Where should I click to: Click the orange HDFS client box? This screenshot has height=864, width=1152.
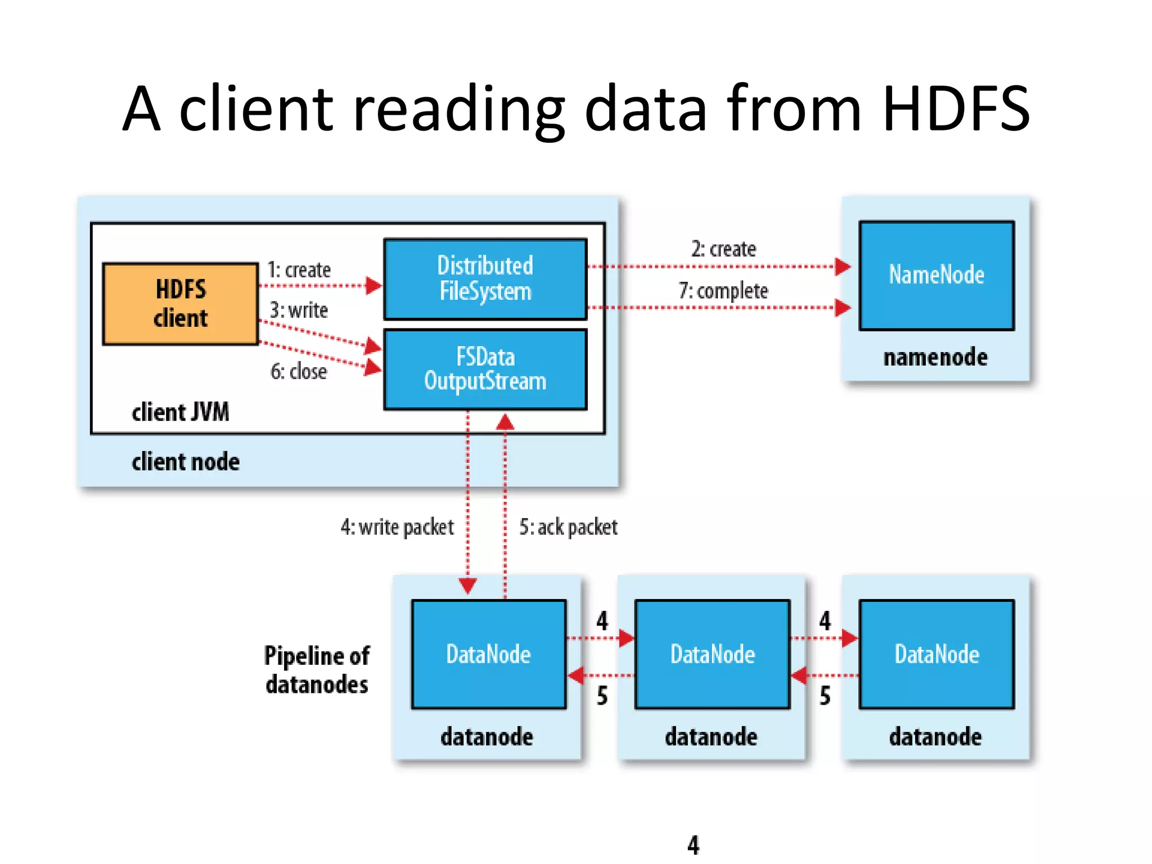[181, 304]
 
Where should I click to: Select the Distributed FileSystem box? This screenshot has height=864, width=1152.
[485, 279]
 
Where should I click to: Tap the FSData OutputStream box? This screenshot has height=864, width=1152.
[485, 370]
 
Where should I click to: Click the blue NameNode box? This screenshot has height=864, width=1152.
[936, 275]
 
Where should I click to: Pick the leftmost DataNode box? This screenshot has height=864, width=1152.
[488, 654]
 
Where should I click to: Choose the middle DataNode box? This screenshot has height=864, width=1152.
[712, 654]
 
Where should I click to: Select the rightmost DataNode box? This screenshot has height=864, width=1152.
[937, 654]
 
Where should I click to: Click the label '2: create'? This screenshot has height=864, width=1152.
[723, 249]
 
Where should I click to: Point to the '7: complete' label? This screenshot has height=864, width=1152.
[723, 291]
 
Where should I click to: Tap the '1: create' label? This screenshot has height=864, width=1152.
[299, 270]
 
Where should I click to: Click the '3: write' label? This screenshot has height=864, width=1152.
[299, 310]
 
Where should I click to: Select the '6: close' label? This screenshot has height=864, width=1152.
[299, 371]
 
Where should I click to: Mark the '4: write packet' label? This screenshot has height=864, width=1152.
[397, 527]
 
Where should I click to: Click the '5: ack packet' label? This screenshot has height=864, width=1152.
[568, 527]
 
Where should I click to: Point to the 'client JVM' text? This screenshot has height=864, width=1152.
[181, 412]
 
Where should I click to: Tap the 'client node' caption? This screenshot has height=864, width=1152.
[186, 462]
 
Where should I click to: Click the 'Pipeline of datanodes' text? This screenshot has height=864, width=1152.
[317, 670]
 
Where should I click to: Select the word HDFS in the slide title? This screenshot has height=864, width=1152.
[955, 108]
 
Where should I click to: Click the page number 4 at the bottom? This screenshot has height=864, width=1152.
[693, 844]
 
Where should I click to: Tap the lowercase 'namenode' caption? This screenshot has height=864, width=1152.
[935, 357]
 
